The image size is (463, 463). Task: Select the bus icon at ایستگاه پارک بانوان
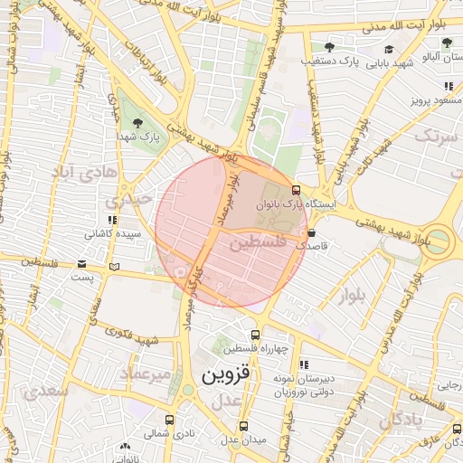296,190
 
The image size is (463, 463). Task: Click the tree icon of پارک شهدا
137,122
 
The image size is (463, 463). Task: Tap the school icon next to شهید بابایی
389,50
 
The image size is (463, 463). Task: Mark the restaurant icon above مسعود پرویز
448,87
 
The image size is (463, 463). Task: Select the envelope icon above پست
82,265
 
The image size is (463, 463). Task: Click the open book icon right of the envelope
113,266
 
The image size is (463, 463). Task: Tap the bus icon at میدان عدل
243,426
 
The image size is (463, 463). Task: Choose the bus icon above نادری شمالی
169,420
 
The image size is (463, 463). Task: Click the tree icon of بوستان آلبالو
447,43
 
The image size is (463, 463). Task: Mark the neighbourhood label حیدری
126,201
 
